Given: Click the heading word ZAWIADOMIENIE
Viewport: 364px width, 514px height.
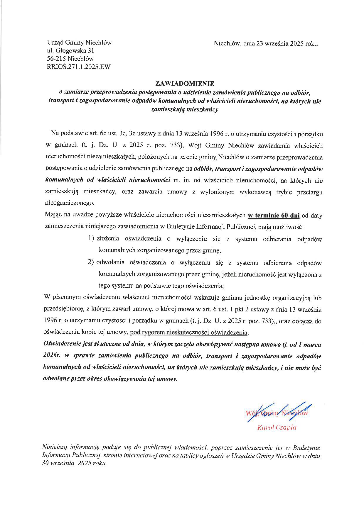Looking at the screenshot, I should point(185,84).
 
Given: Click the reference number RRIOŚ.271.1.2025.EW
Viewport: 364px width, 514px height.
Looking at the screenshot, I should point(79,67).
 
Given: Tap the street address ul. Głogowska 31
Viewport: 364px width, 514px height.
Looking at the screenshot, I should point(70,51).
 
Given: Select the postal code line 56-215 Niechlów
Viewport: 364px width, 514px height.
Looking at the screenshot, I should point(70,59).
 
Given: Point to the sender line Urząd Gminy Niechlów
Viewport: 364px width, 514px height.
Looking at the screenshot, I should point(79,43).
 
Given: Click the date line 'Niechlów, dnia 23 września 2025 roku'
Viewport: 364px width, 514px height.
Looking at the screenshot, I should point(266,44).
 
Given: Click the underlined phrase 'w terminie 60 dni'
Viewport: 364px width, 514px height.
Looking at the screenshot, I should point(274,216).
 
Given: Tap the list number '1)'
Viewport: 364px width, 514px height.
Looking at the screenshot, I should point(91,239).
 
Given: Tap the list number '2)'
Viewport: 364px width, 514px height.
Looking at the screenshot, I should point(91,262).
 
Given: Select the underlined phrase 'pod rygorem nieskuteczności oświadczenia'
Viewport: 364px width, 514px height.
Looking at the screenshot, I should point(189,333).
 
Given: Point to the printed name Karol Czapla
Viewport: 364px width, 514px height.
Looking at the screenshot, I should point(277,428).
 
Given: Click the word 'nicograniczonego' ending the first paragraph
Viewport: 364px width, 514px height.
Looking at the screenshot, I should point(70,203).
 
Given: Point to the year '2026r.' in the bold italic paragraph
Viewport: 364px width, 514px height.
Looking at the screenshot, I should point(51,356).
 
